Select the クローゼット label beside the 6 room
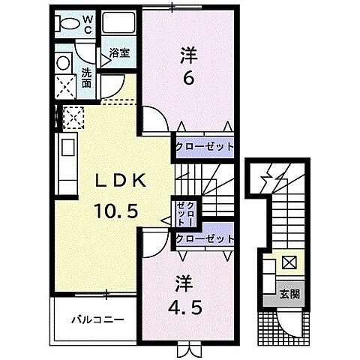(x=204, y=147)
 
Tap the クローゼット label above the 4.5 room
(x=204, y=238)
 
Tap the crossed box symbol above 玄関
(x=289, y=264)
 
